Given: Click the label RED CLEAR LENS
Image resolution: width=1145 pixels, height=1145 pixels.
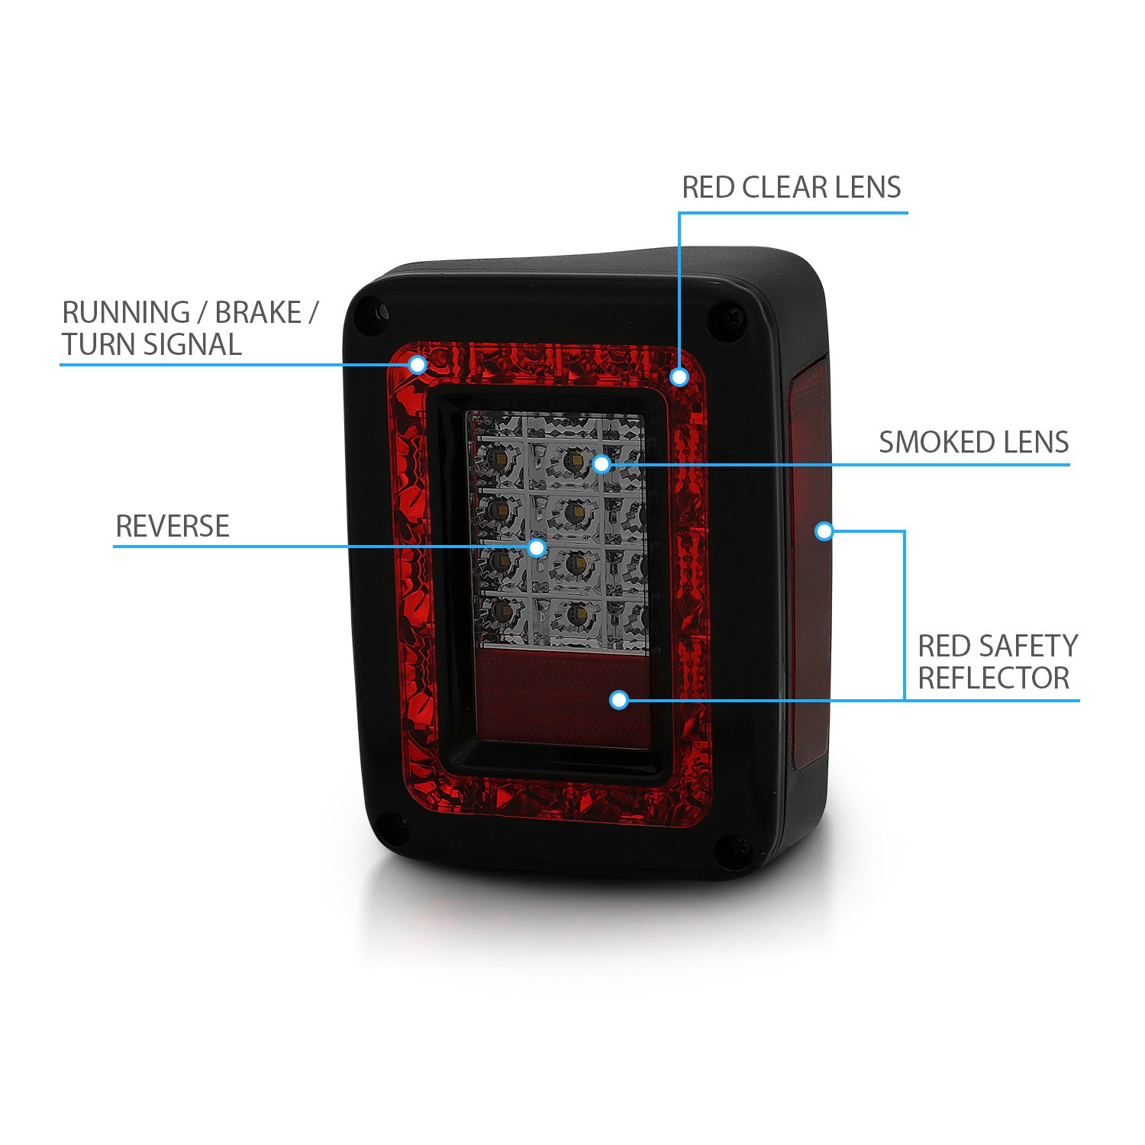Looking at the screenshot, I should (791, 187).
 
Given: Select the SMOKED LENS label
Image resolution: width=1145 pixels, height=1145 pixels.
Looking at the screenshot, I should (973, 442).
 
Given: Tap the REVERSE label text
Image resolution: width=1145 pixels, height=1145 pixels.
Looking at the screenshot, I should (172, 526).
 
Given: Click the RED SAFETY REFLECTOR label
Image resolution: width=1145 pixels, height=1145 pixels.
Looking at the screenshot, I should (997, 662).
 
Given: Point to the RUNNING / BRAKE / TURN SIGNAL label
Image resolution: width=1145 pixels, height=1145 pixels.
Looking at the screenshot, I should (189, 328).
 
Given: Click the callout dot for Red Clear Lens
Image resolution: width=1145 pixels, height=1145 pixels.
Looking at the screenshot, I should (679, 376).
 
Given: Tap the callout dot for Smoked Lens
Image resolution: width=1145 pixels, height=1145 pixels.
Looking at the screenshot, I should (602, 463).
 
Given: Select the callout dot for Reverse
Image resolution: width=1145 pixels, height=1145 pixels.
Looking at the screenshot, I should (537, 547).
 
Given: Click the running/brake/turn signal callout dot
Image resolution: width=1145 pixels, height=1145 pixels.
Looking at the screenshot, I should (417, 365).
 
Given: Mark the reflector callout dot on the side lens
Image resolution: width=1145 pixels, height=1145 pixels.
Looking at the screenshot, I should (824, 531).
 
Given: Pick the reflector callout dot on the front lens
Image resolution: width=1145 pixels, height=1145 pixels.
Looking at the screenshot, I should (619, 699).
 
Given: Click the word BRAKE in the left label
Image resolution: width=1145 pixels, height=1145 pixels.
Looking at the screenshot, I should (258, 313).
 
